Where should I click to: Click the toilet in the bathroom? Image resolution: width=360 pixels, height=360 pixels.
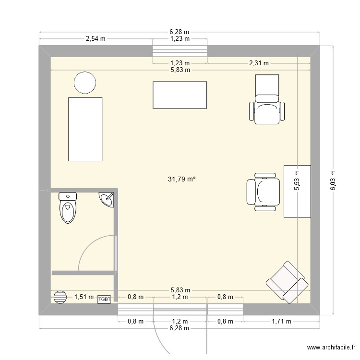tap(68, 207)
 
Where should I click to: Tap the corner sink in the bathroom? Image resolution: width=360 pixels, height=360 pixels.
tap(107, 199)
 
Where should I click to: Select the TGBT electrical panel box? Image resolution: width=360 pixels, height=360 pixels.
tap(104, 300)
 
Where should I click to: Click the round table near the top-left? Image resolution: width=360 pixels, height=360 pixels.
tap(85, 83)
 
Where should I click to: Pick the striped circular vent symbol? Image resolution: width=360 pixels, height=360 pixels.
tap(60, 297)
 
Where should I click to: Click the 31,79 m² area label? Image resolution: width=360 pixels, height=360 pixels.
tap(181, 179)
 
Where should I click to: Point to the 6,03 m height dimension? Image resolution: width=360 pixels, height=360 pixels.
tap(333, 180)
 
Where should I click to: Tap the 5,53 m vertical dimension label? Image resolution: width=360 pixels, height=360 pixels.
tap(297, 180)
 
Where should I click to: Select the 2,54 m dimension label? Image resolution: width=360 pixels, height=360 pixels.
tap(96, 39)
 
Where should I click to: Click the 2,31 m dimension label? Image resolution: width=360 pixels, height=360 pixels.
tap(259, 63)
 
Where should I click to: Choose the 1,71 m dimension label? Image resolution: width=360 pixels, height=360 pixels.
tap(281, 322)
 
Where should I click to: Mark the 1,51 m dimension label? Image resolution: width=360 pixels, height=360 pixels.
tap(84, 297)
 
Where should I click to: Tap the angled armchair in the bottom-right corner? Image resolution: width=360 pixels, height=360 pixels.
tap(287, 282)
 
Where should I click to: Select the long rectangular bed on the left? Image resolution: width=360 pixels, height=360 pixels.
tap(85, 129)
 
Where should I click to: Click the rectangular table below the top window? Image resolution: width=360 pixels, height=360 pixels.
tap(180, 95)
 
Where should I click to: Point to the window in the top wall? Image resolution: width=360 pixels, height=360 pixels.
tap(180, 51)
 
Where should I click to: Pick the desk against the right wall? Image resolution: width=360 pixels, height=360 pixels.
tap(297, 191)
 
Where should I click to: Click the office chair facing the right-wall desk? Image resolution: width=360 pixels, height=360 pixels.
tap(264, 192)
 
